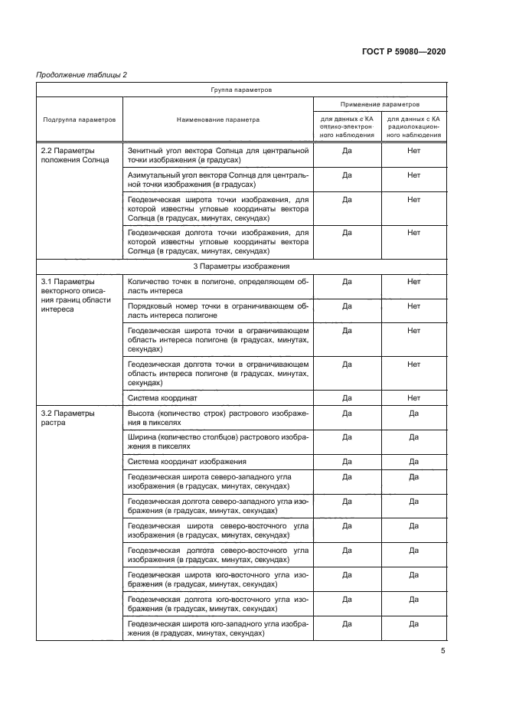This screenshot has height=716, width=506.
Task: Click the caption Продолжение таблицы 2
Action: tap(81, 74)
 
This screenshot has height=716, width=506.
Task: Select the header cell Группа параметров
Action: tap(241, 90)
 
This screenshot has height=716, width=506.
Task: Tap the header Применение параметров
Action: tap(380, 104)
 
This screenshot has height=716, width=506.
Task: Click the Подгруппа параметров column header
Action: tap(80, 119)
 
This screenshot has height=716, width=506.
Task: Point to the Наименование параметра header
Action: tap(217, 119)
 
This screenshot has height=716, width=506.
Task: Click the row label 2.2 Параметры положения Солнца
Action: tap(75, 155)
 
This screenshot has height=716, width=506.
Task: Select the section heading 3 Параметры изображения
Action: tap(241, 266)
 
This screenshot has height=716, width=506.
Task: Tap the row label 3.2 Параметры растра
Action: tap(67, 417)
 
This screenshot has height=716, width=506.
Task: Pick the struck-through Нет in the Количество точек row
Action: tap(414, 282)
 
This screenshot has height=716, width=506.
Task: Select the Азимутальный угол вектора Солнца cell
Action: tap(217, 180)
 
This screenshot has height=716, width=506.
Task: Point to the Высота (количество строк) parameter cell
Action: tap(217, 417)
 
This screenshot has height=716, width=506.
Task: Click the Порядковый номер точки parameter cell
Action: tap(217, 310)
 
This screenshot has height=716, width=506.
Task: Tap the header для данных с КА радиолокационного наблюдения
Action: tap(414, 127)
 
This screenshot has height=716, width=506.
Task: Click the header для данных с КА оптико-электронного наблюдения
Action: tap(347, 127)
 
